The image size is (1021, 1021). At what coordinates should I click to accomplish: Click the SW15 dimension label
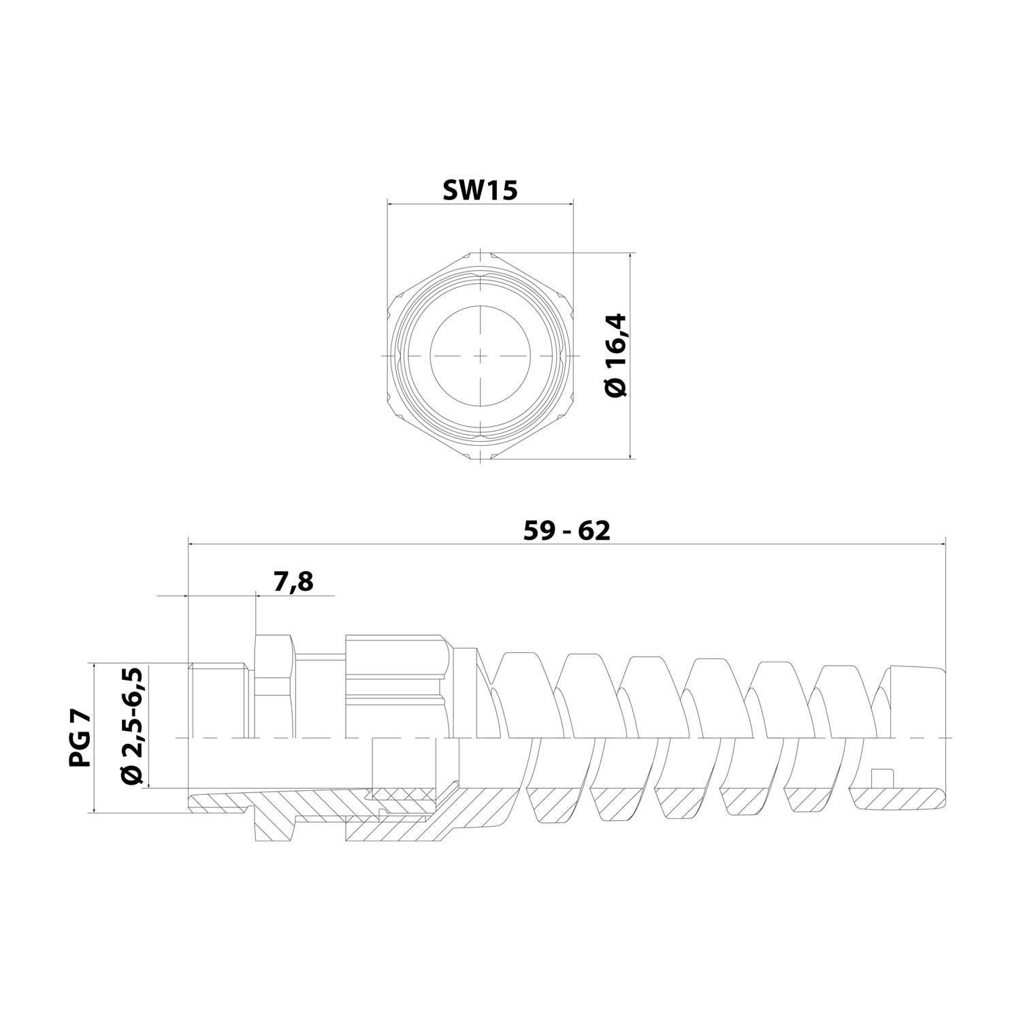point(480,191)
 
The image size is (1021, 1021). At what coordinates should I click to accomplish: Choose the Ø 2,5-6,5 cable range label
point(133,726)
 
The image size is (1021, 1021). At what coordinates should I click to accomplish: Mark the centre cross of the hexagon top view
point(481,356)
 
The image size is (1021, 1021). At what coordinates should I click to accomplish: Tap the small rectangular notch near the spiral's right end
point(882,778)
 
